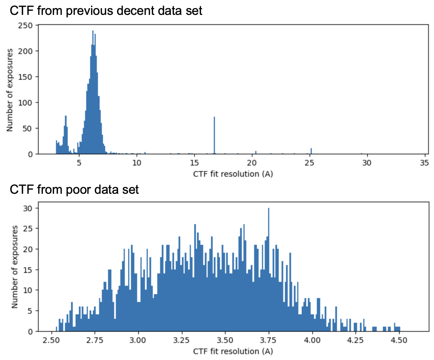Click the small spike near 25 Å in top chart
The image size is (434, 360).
[x=311, y=151]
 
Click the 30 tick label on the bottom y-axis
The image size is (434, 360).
[x=29, y=208]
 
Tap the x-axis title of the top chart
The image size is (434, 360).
[x=231, y=173]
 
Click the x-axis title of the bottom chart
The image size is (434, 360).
[x=231, y=351]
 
